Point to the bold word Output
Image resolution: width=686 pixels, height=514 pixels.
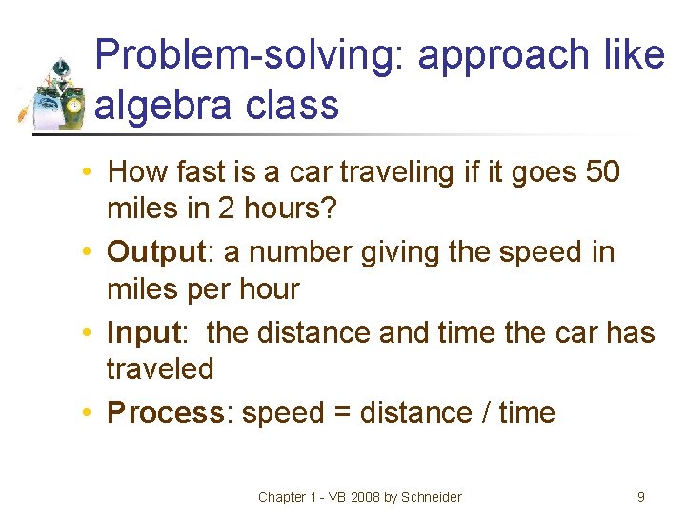[x=156, y=252]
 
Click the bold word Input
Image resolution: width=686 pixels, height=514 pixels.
[x=143, y=333]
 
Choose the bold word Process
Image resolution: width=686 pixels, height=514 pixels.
[x=165, y=413]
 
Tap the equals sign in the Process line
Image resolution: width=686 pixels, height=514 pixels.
[x=341, y=413]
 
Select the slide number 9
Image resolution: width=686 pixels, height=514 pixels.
[x=641, y=496]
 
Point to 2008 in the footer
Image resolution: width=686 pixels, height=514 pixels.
[x=360, y=497]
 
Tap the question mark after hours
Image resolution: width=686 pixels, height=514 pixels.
[x=330, y=208]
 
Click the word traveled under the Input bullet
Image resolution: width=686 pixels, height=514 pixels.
[x=160, y=368]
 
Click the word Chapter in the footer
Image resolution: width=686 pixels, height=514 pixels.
[x=282, y=497]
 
